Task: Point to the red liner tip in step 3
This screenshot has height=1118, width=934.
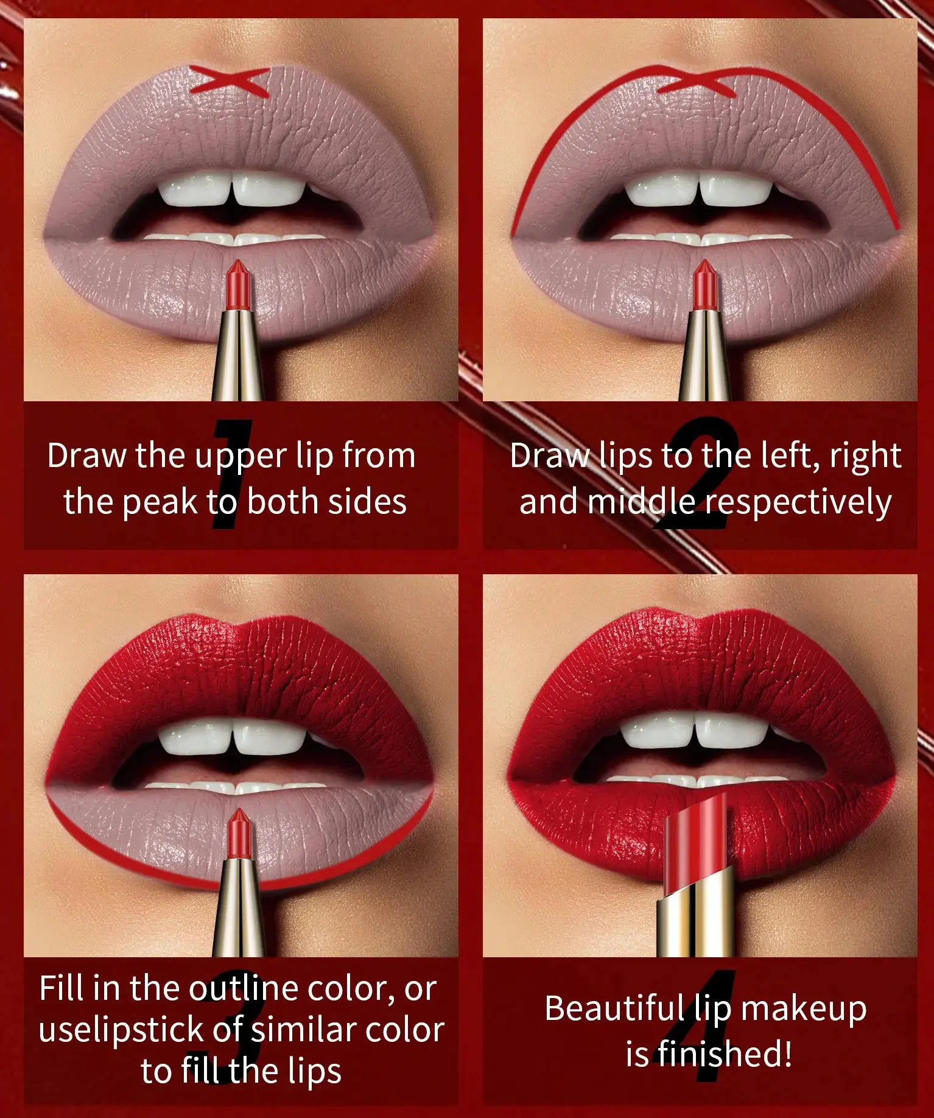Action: (x=237, y=833)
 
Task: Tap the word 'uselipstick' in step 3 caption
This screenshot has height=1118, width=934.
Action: (x=121, y=1030)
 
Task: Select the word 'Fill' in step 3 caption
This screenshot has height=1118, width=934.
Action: (x=61, y=988)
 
